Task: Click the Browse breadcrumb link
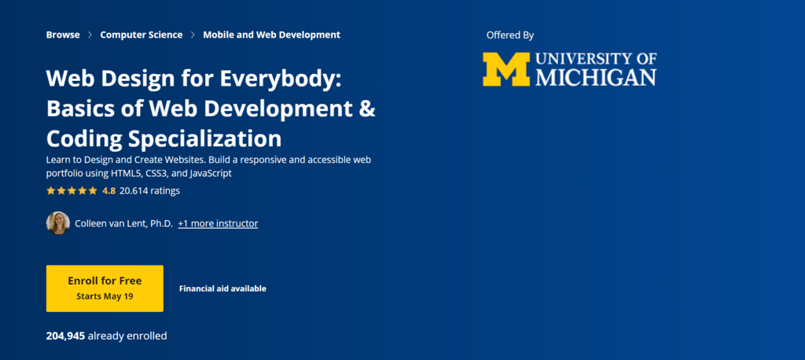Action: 63,35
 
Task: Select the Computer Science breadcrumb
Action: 142,35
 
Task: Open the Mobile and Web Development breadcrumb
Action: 271,35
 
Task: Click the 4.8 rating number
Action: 108,191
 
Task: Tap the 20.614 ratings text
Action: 149,191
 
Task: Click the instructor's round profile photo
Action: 58,223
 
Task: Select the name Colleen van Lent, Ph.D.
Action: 123,224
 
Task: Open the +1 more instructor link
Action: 218,224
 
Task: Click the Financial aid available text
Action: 222,288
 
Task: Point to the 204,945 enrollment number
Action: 65,336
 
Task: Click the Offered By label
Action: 510,35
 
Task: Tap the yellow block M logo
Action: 506,69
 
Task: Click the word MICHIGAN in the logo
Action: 596,78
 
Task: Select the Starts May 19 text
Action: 105,296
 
